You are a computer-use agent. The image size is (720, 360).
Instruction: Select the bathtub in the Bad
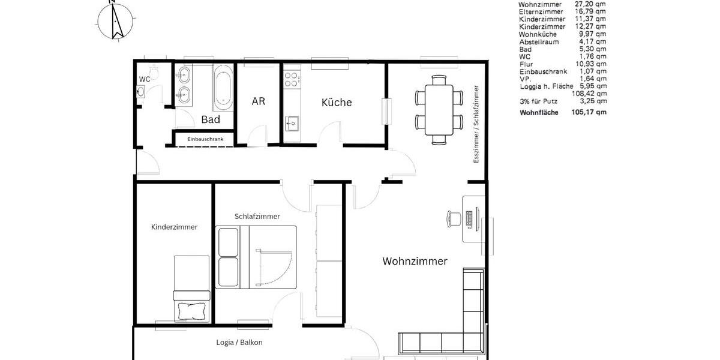[223, 88]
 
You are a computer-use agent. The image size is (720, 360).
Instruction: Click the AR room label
[258, 101]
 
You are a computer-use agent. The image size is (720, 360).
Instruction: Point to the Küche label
[337, 103]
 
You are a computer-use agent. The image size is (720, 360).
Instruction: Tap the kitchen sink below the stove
[292, 124]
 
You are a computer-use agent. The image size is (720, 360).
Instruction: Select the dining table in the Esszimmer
[439, 109]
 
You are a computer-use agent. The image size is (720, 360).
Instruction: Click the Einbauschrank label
[205, 139]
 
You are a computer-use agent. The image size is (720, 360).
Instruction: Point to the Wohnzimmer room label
[415, 262]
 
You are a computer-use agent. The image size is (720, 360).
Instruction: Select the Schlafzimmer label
[257, 217]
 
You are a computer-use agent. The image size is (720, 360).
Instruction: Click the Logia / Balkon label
[239, 343]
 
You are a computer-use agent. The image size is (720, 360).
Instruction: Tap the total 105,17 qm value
[589, 112]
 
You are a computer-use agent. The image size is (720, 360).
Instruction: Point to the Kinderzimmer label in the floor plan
[174, 227]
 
